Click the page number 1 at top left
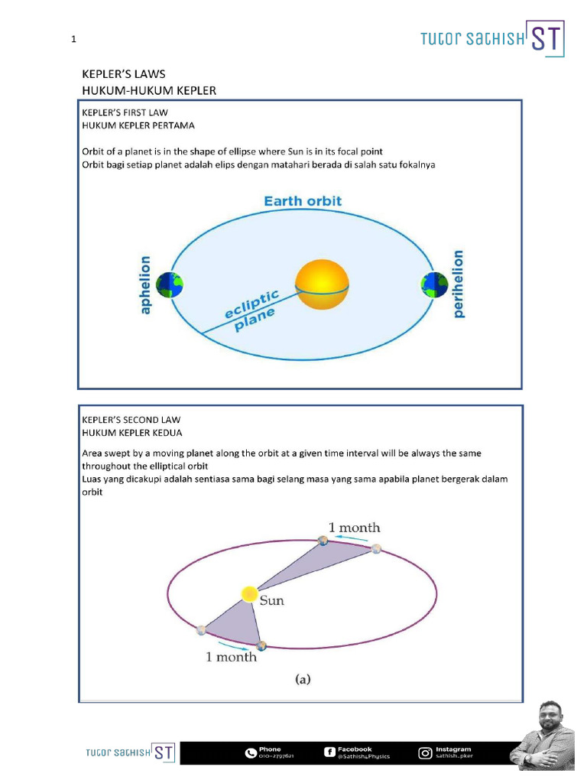(73, 41)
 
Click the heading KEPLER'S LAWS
(124, 74)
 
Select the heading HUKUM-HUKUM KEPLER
(149, 90)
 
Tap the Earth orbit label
(303, 202)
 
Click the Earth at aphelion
(170, 286)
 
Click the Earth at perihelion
(434, 286)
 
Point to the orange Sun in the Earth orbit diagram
(323, 285)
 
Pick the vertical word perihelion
(459, 284)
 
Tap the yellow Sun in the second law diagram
(248, 594)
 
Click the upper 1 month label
(354, 528)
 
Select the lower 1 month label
(231, 657)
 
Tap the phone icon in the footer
(251, 753)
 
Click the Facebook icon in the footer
(329, 753)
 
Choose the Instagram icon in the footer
(425, 753)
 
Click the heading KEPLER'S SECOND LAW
(131, 420)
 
